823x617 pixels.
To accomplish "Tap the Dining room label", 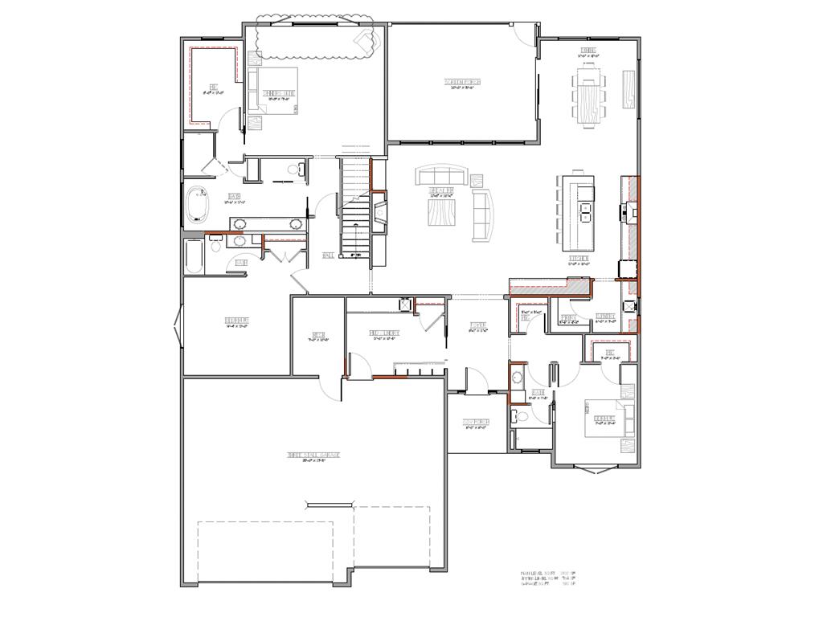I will tap(588, 51).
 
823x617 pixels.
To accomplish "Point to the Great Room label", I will tap(443, 190).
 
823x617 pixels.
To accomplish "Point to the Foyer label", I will tap(478, 325).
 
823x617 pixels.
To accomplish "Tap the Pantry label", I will tap(569, 318).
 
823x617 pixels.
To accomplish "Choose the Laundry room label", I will tap(606, 317).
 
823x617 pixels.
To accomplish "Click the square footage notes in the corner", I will tap(550, 578).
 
